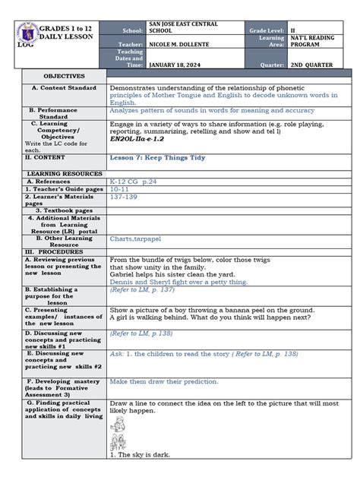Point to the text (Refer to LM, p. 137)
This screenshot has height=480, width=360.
click(x=143, y=289)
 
